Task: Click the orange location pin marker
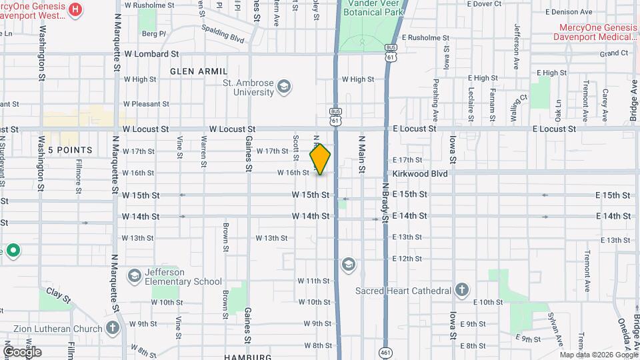320,159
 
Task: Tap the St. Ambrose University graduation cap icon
285,87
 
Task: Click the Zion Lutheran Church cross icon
113,328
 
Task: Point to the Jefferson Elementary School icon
134,276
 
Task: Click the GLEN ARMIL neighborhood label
199,71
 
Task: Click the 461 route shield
385,352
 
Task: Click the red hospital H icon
75,9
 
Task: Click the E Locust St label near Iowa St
414,128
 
